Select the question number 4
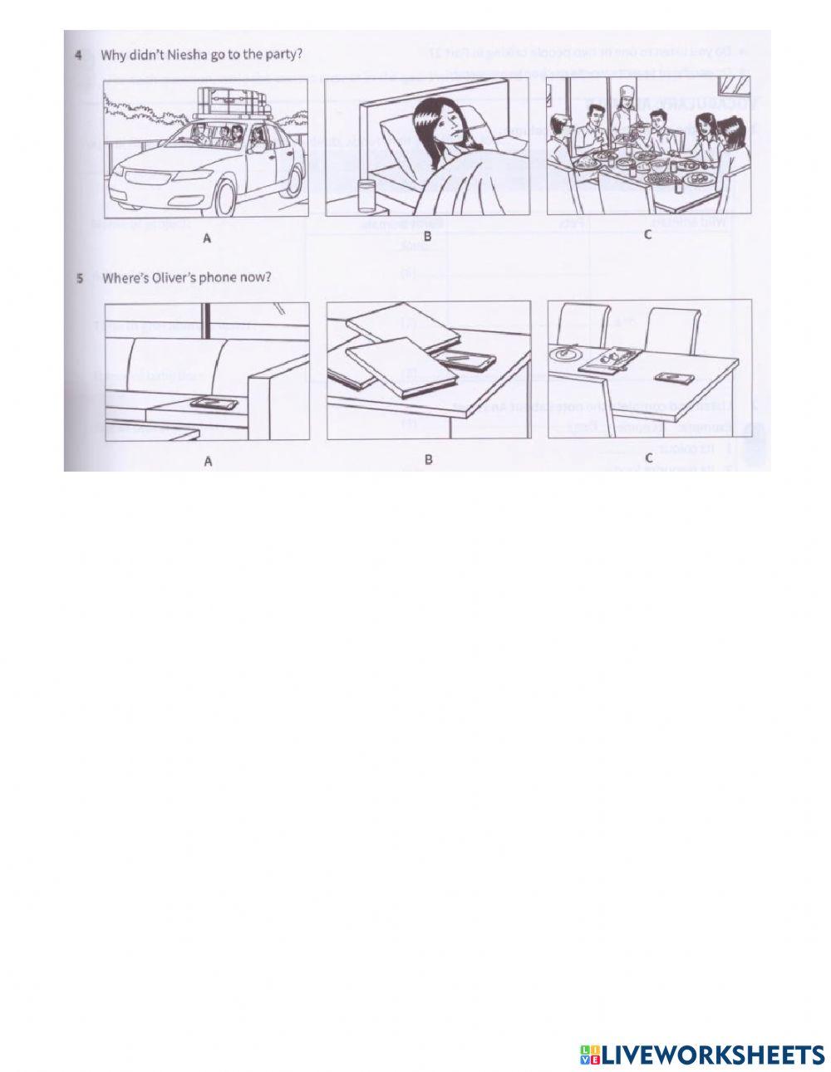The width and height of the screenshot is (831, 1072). [x=78, y=56]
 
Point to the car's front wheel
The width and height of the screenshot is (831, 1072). [x=224, y=195]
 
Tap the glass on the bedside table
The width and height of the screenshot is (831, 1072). [x=366, y=196]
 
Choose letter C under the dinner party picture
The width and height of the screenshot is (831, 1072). [x=648, y=236]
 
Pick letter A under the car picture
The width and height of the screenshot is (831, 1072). [x=205, y=238]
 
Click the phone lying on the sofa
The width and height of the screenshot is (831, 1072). [x=214, y=403]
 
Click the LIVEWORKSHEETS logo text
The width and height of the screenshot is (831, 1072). [x=711, y=1054]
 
